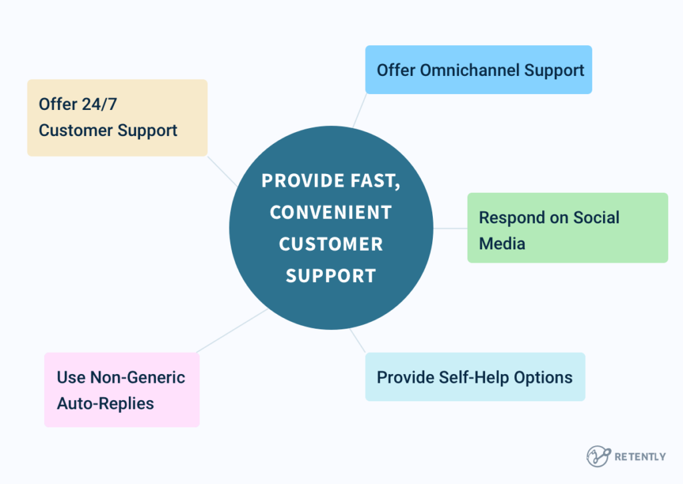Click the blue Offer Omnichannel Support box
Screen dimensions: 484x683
point(478,69)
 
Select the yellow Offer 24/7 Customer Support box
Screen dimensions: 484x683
point(117,118)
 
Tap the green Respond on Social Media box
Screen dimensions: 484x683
point(567,228)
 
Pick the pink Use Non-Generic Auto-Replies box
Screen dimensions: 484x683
point(121,390)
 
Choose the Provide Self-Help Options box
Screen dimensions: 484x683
point(475,377)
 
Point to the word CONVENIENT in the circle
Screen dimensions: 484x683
point(330,213)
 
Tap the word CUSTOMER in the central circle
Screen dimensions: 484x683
point(330,244)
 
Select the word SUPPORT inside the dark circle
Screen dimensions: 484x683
point(330,275)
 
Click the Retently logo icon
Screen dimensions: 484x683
point(598,456)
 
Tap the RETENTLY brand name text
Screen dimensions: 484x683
point(640,457)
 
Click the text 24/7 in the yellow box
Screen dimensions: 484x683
point(97,104)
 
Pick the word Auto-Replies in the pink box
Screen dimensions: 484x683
point(105,403)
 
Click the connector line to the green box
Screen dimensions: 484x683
point(450,228)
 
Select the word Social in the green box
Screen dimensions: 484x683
point(596,218)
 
